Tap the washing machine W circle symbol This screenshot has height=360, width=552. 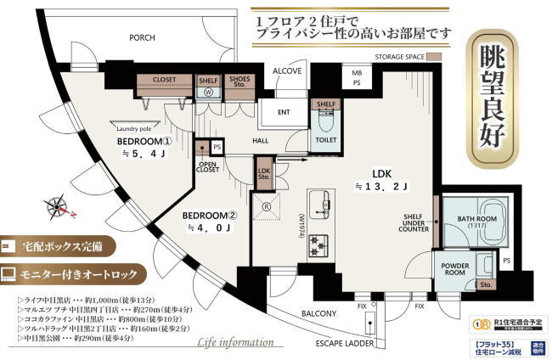pos(209,95)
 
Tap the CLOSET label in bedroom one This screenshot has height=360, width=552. pos(165,80)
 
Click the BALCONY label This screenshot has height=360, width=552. pos(319,313)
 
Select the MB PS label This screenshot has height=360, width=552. pos(357,78)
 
